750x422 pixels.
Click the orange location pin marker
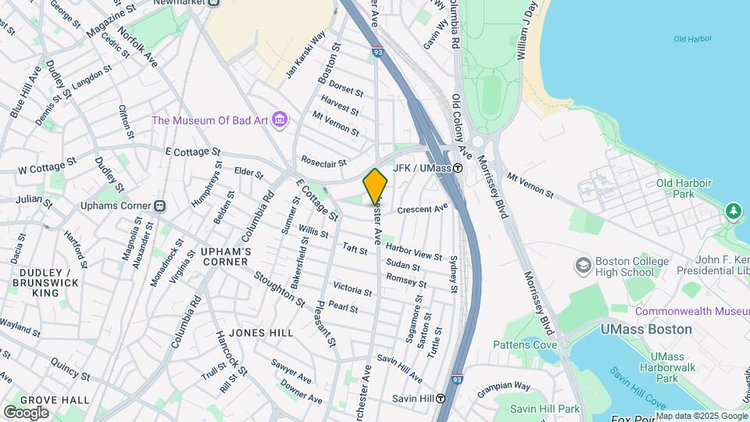pyautogui.click(x=376, y=188)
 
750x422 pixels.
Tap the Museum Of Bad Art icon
pyautogui.click(x=281, y=120)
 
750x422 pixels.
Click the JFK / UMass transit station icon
pyautogui.click(x=458, y=167)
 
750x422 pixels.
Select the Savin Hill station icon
pyautogui.click(x=441, y=398)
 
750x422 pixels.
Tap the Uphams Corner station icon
pyautogui.click(x=159, y=206)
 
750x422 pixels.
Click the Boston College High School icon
pyautogui.click(x=582, y=266)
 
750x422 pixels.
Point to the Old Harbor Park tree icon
pyautogui.click(x=733, y=210)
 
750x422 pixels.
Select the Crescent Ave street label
pyautogui.click(x=422, y=209)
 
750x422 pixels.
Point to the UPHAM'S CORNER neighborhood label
pyautogui.click(x=226, y=256)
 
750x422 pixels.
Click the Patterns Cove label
pyautogui.click(x=524, y=345)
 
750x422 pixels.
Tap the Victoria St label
pyautogui.click(x=352, y=290)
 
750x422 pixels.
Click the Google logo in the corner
pyautogui.click(x=26, y=412)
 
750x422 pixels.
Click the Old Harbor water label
pyautogui.click(x=691, y=39)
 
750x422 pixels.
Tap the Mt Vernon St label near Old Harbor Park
pyautogui.click(x=530, y=185)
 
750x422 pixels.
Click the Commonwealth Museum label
pyautogui.click(x=691, y=311)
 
